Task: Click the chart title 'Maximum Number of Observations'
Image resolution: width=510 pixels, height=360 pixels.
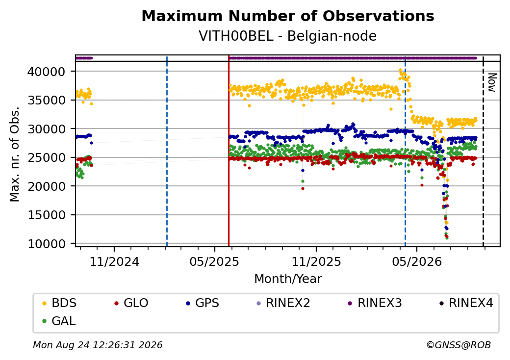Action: coord(288,16)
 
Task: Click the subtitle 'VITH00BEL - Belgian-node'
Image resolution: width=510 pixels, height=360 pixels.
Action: coord(288,36)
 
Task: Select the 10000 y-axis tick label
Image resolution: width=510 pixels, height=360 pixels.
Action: coord(47,244)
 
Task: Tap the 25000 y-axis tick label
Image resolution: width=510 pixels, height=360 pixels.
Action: coord(47,158)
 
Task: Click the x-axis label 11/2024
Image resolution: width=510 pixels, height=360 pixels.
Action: coord(114,261)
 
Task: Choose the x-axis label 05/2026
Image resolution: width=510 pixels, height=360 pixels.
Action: coord(417,261)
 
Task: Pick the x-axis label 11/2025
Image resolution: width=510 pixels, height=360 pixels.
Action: coord(316,261)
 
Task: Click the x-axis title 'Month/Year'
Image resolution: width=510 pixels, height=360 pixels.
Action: coord(288,279)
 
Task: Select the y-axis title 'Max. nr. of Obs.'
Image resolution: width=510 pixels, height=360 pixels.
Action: coord(15,154)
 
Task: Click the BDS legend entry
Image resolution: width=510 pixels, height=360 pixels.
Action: coord(59,303)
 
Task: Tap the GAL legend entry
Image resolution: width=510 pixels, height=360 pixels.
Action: coord(59,321)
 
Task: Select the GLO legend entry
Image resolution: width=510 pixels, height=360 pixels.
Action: coord(131,303)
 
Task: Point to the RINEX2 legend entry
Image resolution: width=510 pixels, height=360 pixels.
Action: coord(283,303)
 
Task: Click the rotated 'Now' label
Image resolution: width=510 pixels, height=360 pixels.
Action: coord(492,82)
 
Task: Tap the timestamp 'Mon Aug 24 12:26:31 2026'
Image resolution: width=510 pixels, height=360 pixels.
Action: coord(98,345)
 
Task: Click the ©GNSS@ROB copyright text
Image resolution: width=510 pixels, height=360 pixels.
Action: coord(459,345)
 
